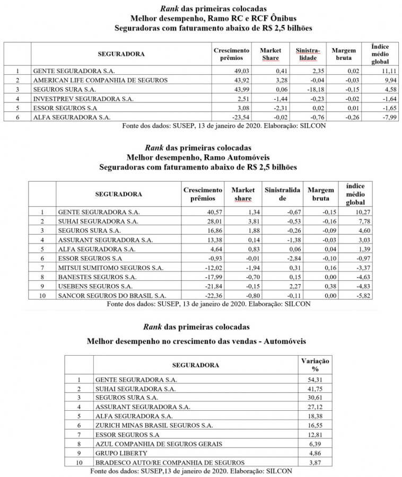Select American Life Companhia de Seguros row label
coord(100,79)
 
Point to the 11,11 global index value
coord(382,70)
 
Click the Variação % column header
coord(315,365)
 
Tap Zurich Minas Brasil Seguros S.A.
coord(154,425)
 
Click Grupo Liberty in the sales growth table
coord(115,453)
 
